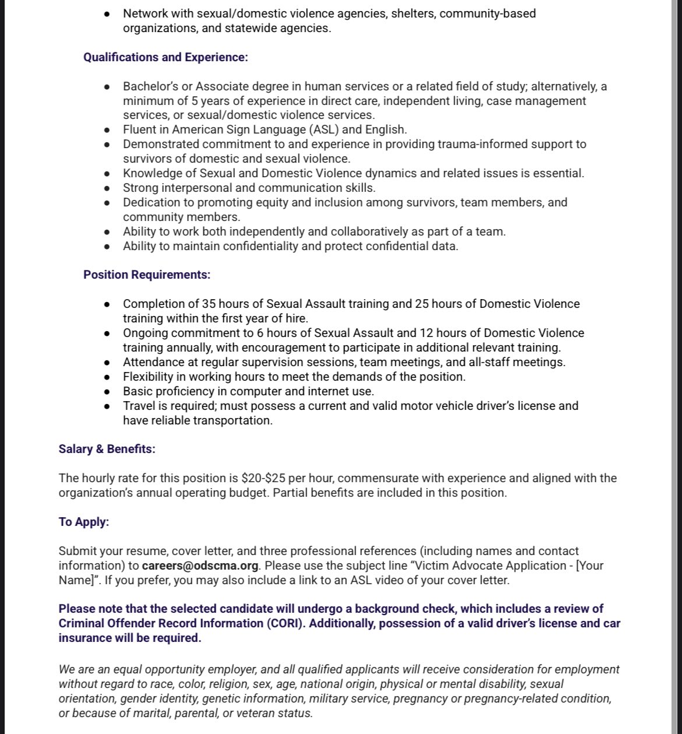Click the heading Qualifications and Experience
click(166, 57)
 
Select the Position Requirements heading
click(147, 275)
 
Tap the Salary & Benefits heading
click(107, 449)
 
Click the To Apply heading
click(83, 522)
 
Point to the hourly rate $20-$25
click(263, 478)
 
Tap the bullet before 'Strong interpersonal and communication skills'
click(107, 188)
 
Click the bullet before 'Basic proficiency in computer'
click(107, 392)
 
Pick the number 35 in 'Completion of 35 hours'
click(209, 304)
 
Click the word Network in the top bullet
click(145, 13)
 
